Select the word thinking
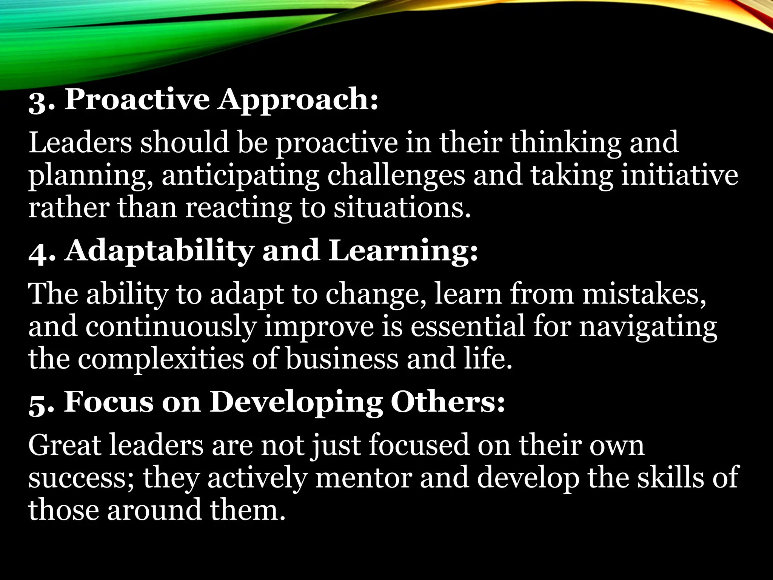564,143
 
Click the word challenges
396,177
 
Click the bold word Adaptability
159,251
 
